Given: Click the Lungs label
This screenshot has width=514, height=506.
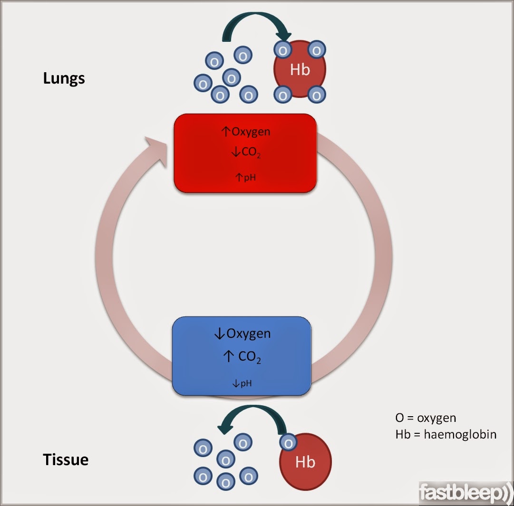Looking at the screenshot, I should pos(64,78).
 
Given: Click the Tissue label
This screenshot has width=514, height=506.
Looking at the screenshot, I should pos(66,459).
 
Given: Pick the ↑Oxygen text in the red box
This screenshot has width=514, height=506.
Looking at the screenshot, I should pos(246,132).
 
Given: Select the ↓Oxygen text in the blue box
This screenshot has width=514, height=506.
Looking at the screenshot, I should pos(242,334).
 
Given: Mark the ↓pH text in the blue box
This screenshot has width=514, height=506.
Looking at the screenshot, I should pos(242,383).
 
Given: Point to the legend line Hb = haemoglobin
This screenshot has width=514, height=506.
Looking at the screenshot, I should pos(446,434).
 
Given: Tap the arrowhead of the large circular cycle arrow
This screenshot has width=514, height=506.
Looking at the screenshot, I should pos(157,150).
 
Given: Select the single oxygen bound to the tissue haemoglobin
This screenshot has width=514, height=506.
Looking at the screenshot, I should pos(287,443).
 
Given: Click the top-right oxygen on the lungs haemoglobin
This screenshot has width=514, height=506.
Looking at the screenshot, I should pos(316,50).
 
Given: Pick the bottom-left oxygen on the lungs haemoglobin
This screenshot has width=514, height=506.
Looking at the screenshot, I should pos(283,95).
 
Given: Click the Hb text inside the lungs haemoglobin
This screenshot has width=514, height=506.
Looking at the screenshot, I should pos(300,70).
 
